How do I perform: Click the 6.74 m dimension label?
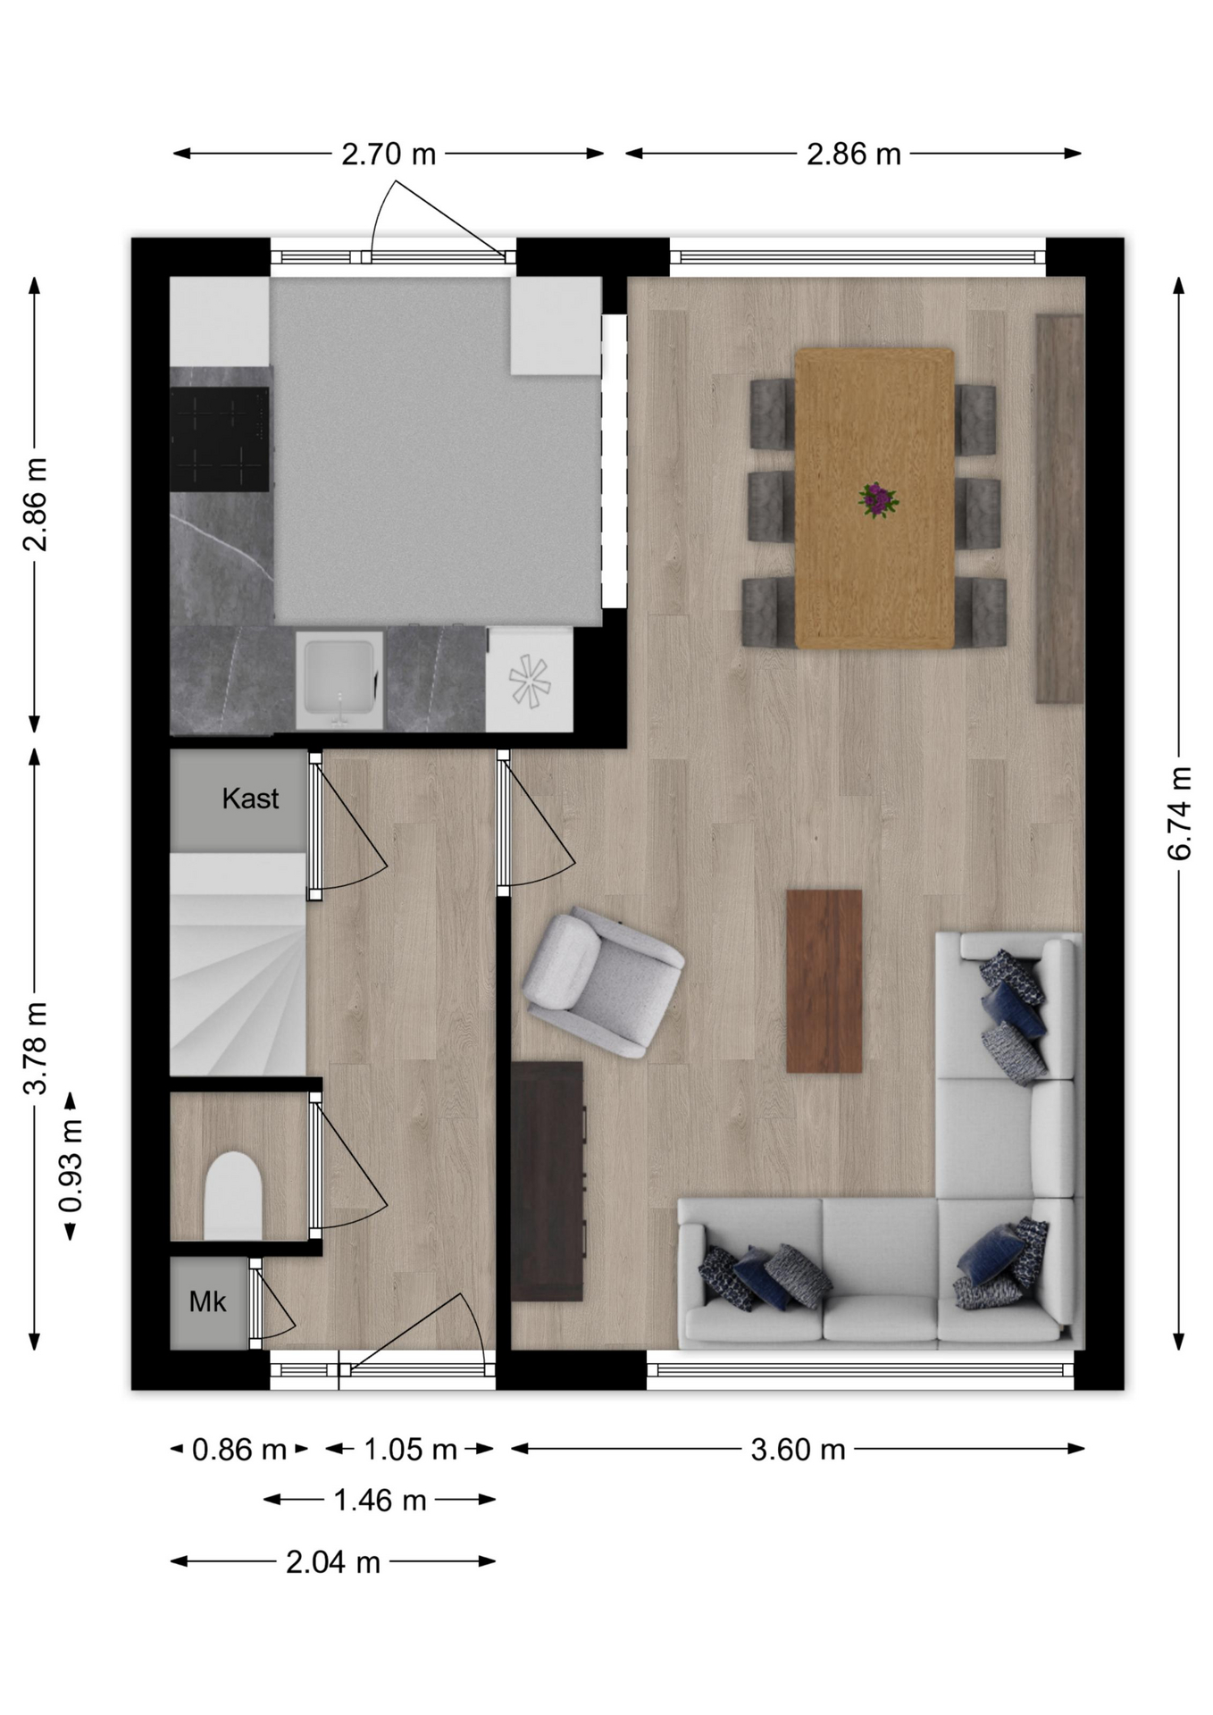pyautogui.click(x=1179, y=813)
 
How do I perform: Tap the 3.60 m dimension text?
pyautogui.click(x=798, y=1449)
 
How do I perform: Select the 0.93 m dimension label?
pyautogui.click(x=71, y=1166)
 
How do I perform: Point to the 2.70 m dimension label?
pyautogui.click(x=389, y=155)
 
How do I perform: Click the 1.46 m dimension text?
pyautogui.click(x=380, y=1500)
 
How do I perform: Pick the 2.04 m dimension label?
pyautogui.click(x=333, y=1562)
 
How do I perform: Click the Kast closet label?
pyautogui.click(x=250, y=799)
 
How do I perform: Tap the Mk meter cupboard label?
pyautogui.click(x=207, y=1302)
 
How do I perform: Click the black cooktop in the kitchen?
pyautogui.click(x=220, y=439)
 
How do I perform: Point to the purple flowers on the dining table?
pyautogui.click(x=878, y=500)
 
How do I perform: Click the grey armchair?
pyautogui.click(x=604, y=983)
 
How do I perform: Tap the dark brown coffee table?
pyautogui.click(x=824, y=981)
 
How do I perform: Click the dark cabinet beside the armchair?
pyautogui.click(x=547, y=1181)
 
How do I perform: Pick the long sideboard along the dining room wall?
pyautogui.click(x=1059, y=508)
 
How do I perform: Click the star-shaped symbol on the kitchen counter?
pyautogui.click(x=530, y=682)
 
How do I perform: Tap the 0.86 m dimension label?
pyautogui.click(x=239, y=1449)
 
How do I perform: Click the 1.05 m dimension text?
pyautogui.click(x=410, y=1449)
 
